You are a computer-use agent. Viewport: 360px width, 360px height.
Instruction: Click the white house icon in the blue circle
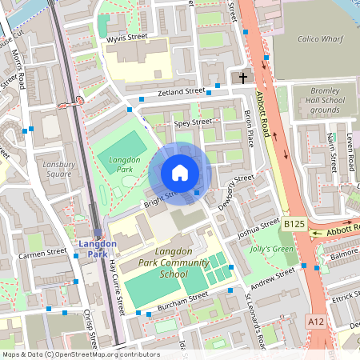[x=180, y=173]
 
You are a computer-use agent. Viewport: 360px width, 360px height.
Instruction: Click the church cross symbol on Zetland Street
[x=243, y=78]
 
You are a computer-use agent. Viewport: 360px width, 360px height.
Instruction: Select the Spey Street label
[x=192, y=122]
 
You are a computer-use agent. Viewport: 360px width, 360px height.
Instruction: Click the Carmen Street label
[x=41, y=254]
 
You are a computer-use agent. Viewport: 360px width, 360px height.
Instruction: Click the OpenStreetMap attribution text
[x=81, y=354]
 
